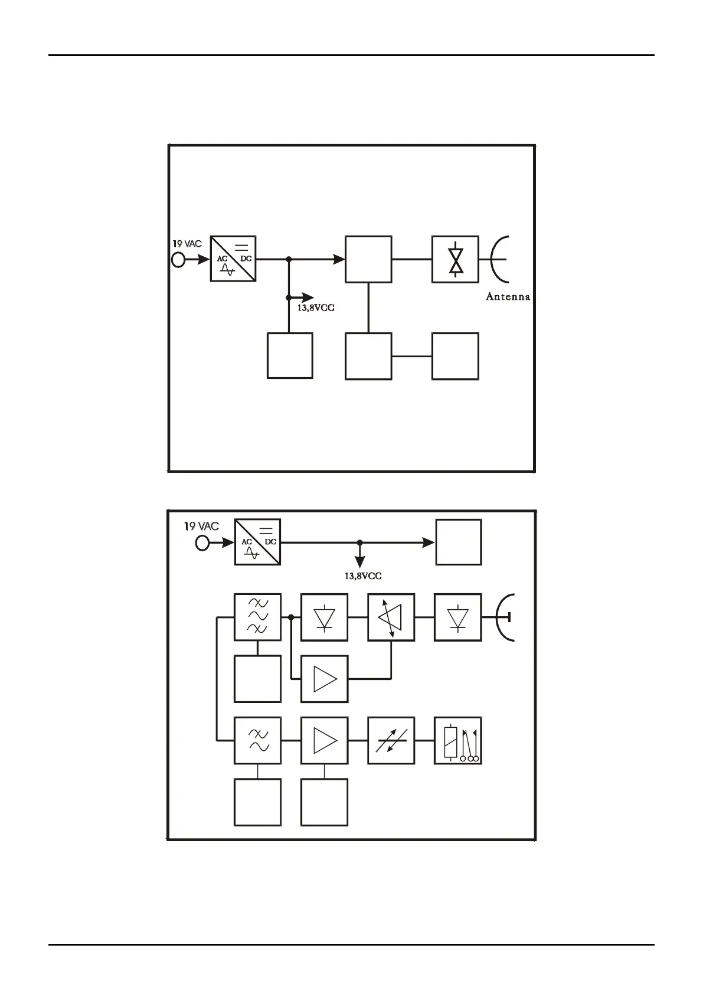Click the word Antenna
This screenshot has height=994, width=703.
pos(508,297)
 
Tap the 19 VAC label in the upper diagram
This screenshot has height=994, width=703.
pos(187,244)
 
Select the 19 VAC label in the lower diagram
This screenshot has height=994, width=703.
pos(201,526)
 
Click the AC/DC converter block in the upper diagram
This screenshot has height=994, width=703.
pos(233,259)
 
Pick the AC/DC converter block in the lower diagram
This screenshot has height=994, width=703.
pos(257,542)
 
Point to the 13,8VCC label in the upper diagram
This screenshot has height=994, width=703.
pos(316,308)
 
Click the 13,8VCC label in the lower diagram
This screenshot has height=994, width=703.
pos(363,576)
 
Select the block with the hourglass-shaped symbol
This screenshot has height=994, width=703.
pos(455,259)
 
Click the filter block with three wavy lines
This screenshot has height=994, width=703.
pos(257,616)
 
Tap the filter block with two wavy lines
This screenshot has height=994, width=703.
pos(257,740)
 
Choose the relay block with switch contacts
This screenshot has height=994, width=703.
pos(458,740)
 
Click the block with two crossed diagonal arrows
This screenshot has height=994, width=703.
pos(391,740)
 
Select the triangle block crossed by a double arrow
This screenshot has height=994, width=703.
pos(391,617)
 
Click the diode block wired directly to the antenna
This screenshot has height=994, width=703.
pos(458,617)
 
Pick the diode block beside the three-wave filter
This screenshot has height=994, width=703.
pos(324,617)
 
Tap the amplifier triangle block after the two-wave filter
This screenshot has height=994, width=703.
pos(324,740)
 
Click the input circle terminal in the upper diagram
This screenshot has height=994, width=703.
pos(178,259)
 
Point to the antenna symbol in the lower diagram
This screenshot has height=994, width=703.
pos(506,617)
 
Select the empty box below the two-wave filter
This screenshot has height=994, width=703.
pos(257,802)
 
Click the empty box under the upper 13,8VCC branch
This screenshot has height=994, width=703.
pos(290,355)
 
